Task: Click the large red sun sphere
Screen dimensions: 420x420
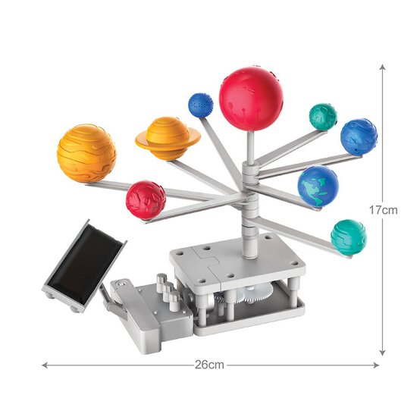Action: (x=251, y=98)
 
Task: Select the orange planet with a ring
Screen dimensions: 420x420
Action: (x=168, y=137)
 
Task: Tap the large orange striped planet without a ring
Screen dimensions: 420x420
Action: (x=86, y=152)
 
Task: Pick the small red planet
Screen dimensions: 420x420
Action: (x=146, y=199)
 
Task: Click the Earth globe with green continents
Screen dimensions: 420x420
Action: (x=318, y=186)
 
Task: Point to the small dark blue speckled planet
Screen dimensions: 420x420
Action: (x=200, y=104)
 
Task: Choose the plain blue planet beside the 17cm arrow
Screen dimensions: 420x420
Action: (x=359, y=136)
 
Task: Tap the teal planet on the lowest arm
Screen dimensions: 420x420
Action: (x=348, y=237)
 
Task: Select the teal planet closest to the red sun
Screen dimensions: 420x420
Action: (x=323, y=116)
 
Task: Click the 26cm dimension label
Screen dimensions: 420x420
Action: (x=209, y=365)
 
